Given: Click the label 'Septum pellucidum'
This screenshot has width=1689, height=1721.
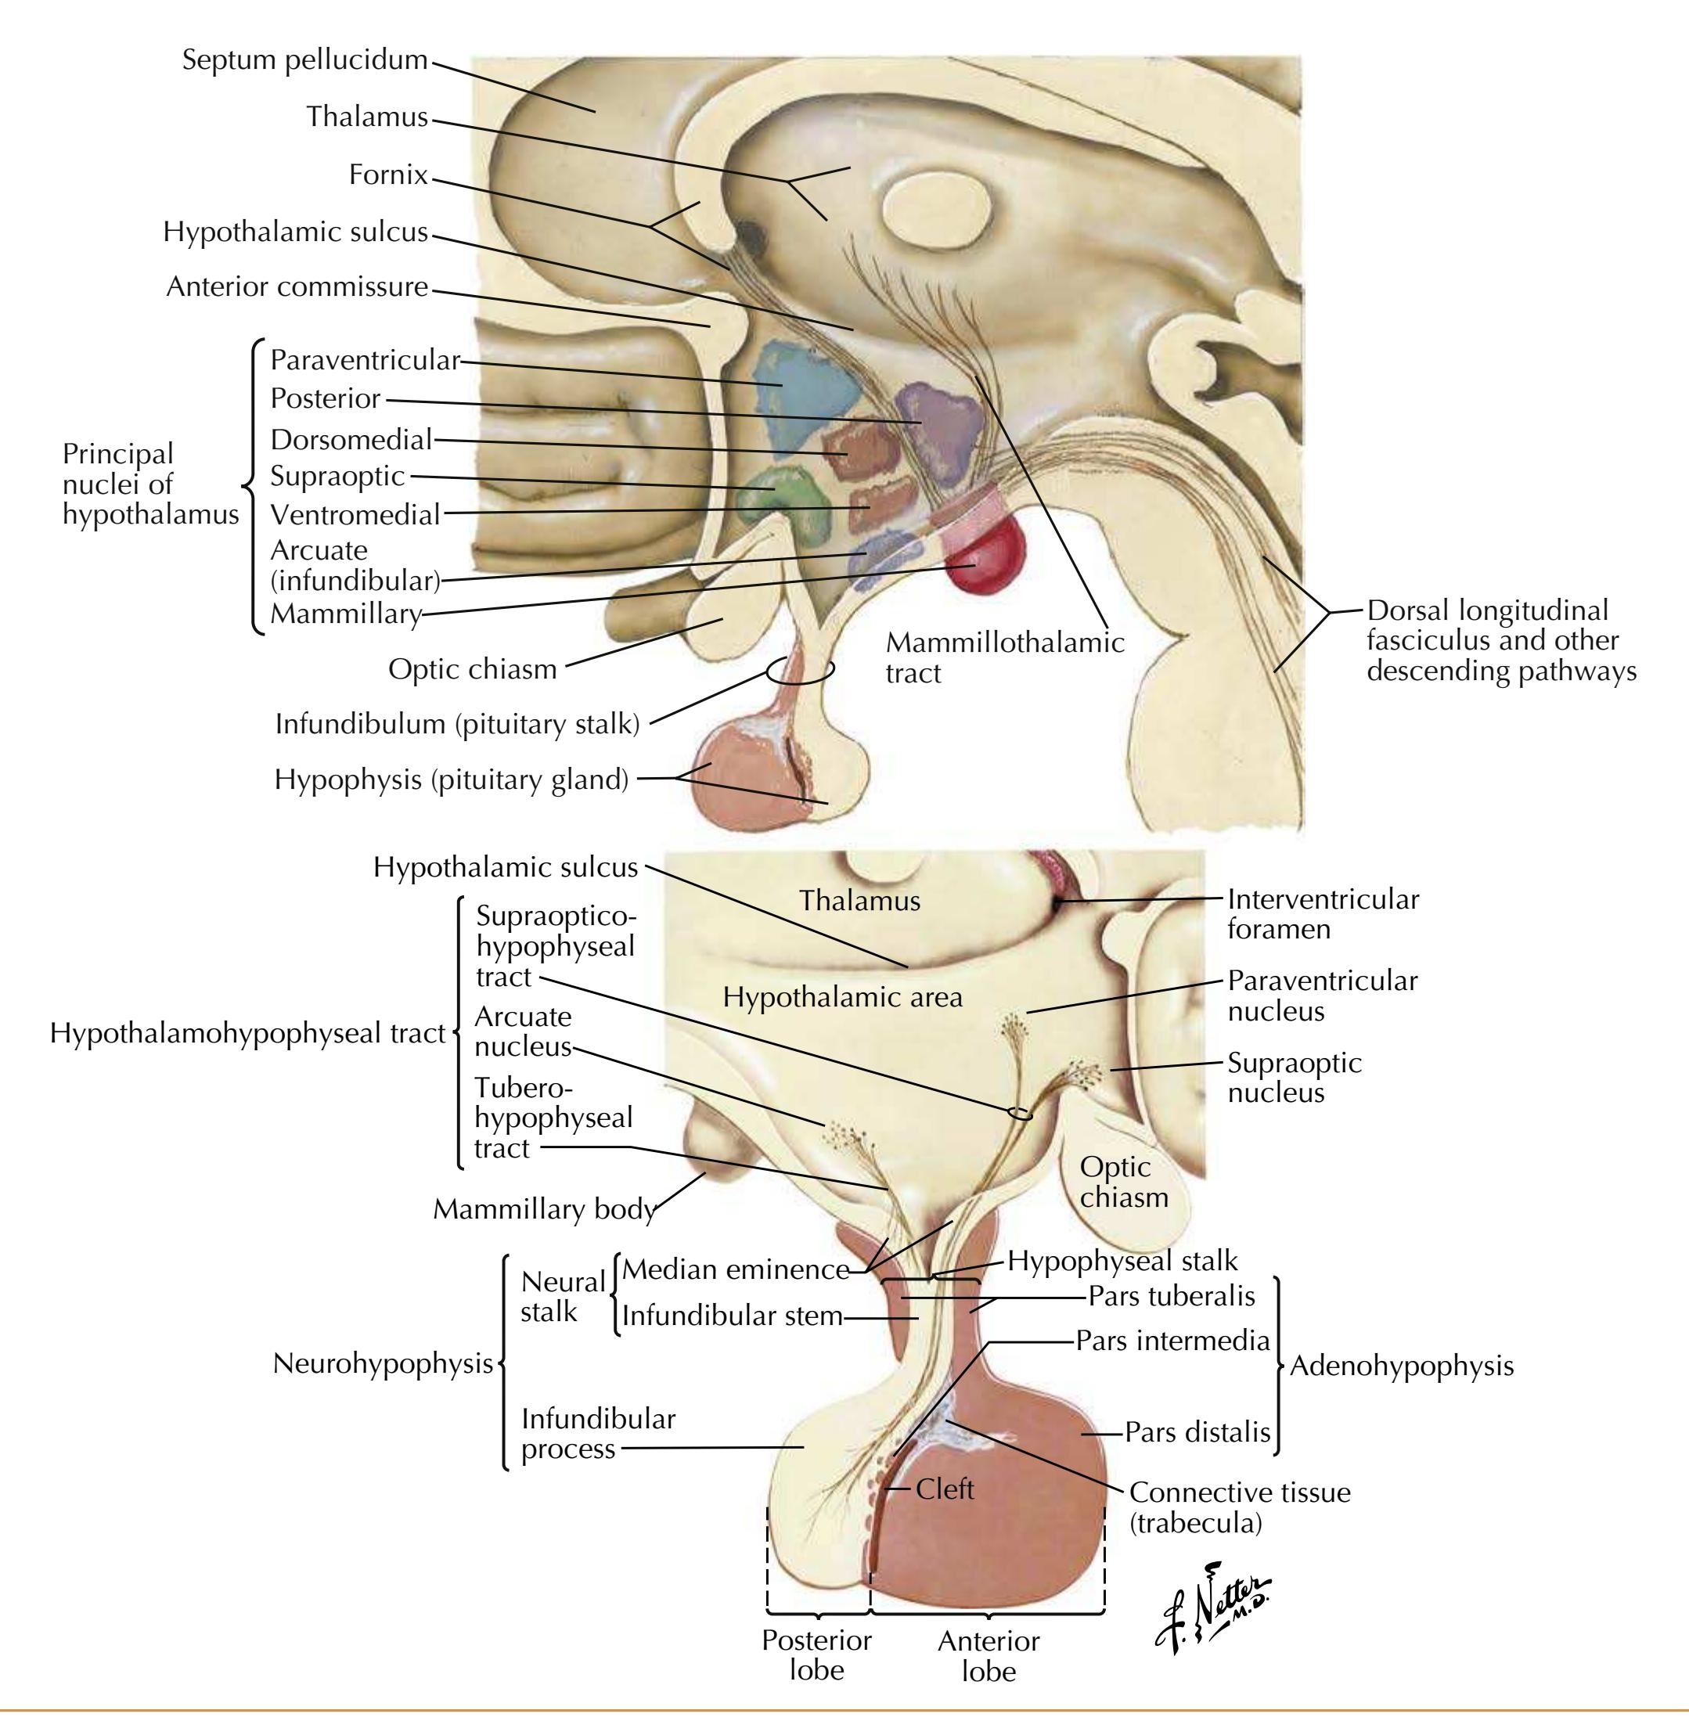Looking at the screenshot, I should [x=304, y=60].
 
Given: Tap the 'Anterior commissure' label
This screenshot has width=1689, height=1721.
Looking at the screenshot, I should [x=297, y=286].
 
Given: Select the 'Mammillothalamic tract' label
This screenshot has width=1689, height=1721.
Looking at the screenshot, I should [x=1004, y=657].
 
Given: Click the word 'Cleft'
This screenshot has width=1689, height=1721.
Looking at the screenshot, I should [x=945, y=1489].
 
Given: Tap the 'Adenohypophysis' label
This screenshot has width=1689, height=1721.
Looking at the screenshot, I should [x=1402, y=1365].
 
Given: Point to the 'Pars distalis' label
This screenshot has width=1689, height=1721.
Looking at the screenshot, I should [x=1197, y=1431].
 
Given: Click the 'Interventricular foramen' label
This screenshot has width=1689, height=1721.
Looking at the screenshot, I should [x=1323, y=914].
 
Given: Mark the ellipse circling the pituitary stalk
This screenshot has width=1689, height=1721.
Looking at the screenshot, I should [x=800, y=671].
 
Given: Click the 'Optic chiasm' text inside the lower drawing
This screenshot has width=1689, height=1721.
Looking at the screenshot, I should [x=1123, y=1182].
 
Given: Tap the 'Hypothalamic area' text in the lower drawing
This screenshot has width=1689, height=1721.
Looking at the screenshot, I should [x=842, y=997].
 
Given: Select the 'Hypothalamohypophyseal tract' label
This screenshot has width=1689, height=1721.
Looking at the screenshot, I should [x=247, y=1034].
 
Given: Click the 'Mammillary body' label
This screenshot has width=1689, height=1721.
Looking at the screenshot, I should [x=544, y=1209].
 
